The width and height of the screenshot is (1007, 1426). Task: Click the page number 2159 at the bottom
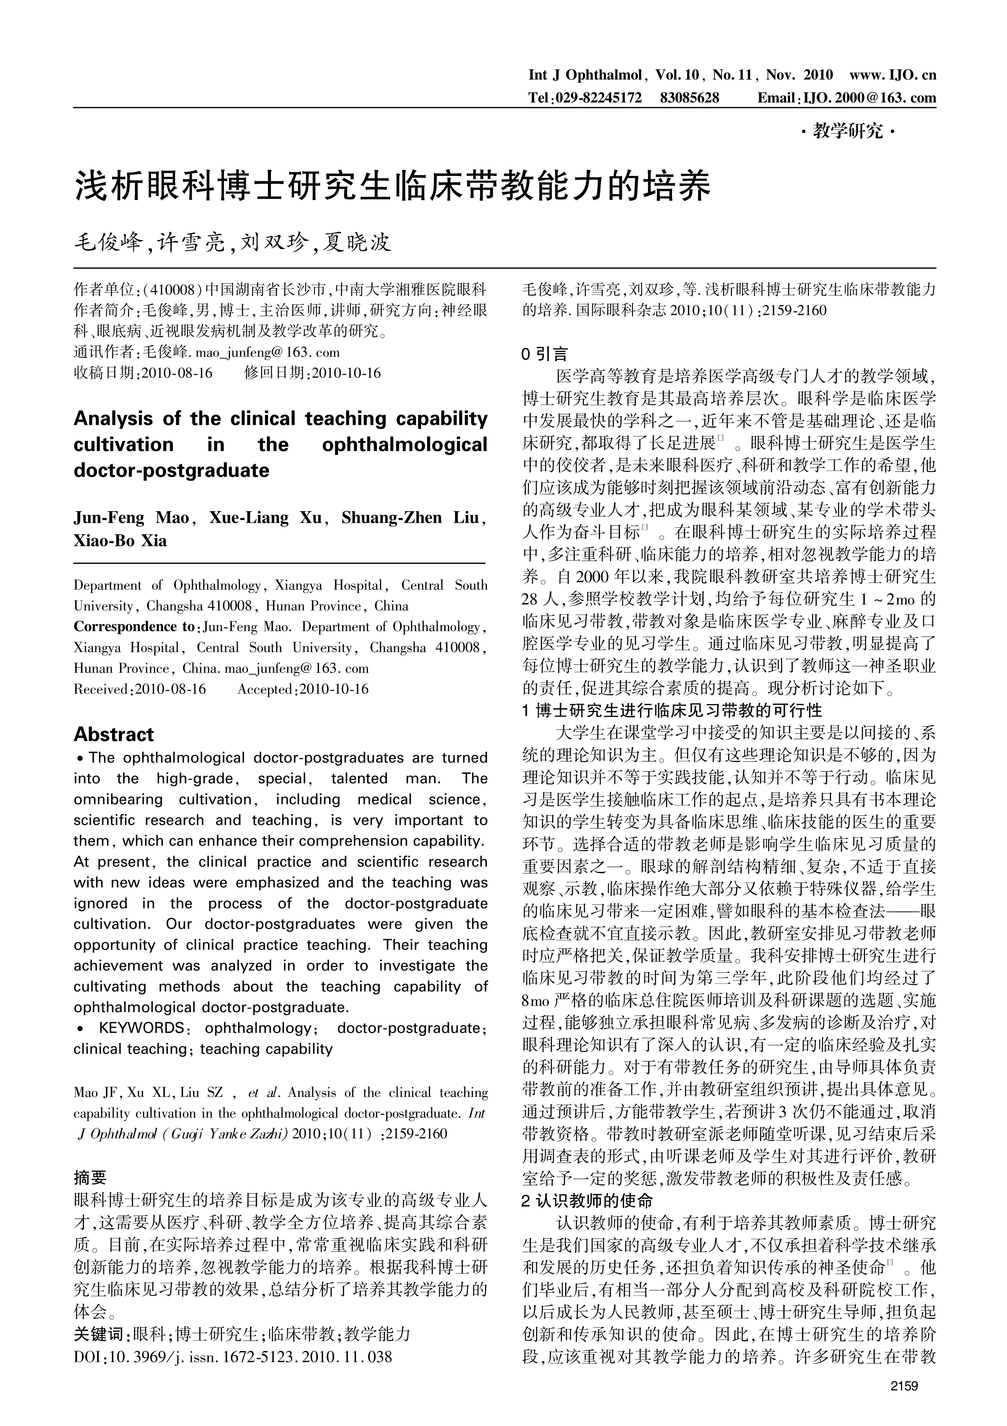coord(903,1398)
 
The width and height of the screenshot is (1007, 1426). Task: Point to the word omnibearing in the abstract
coord(118,799)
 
